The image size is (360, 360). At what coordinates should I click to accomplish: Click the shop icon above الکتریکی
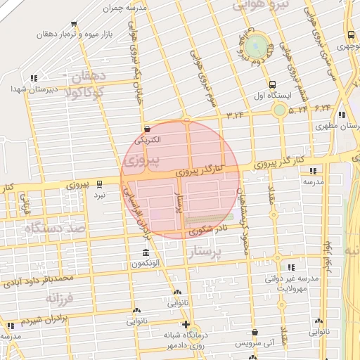(x=147, y=129)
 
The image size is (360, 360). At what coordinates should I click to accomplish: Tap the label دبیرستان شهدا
(x=28, y=89)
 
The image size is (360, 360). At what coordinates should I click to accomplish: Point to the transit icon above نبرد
(x=99, y=183)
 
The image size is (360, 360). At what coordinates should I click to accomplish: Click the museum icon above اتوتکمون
(x=146, y=253)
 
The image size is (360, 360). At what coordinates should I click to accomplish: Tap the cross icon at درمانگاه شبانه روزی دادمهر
(x=185, y=325)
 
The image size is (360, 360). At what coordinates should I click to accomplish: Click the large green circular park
(x=258, y=46)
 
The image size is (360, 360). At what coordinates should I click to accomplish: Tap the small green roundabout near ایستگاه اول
(x=280, y=110)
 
